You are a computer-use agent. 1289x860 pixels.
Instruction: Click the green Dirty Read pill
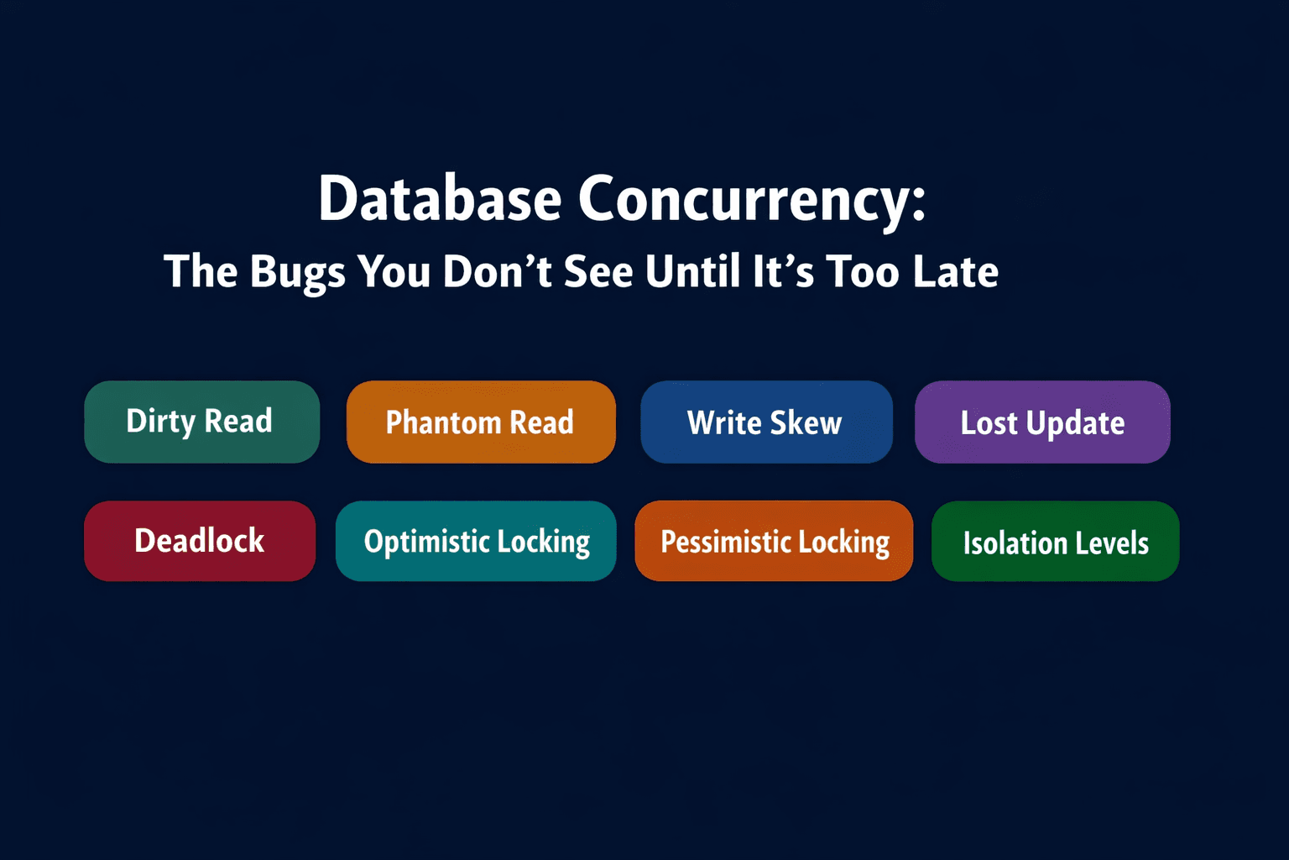(x=201, y=422)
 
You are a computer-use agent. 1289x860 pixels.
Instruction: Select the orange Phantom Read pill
(x=481, y=422)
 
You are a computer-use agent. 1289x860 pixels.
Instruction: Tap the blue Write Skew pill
(x=766, y=422)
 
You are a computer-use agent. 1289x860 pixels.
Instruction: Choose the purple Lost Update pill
(x=1042, y=422)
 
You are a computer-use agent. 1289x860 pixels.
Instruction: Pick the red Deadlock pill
(x=200, y=541)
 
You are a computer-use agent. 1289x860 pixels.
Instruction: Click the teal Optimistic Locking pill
(x=476, y=541)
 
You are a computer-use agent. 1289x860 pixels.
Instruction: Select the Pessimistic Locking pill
(x=774, y=541)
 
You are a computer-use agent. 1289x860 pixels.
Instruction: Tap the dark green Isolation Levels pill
(x=1055, y=542)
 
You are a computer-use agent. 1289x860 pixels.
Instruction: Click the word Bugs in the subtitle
(x=297, y=272)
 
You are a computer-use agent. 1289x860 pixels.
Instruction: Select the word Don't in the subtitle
(x=497, y=272)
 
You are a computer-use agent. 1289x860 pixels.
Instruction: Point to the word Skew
(x=806, y=422)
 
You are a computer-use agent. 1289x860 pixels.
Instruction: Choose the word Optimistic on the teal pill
(x=426, y=542)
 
